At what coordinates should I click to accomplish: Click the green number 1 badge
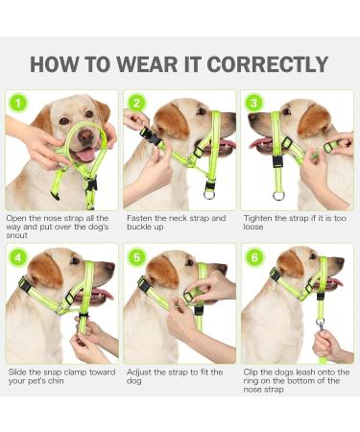pyautogui.click(x=17, y=103)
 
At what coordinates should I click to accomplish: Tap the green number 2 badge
pyautogui.click(x=136, y=103)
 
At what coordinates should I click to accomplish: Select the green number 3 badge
pyautogui.click(x=253, y=103)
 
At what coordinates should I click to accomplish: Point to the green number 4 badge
pyautogui.click(x=17, y=258)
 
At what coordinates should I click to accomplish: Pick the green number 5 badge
pyautogui.click(x=136, y=258)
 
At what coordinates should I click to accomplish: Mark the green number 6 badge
pyautogui.click(x=253, y=258)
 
